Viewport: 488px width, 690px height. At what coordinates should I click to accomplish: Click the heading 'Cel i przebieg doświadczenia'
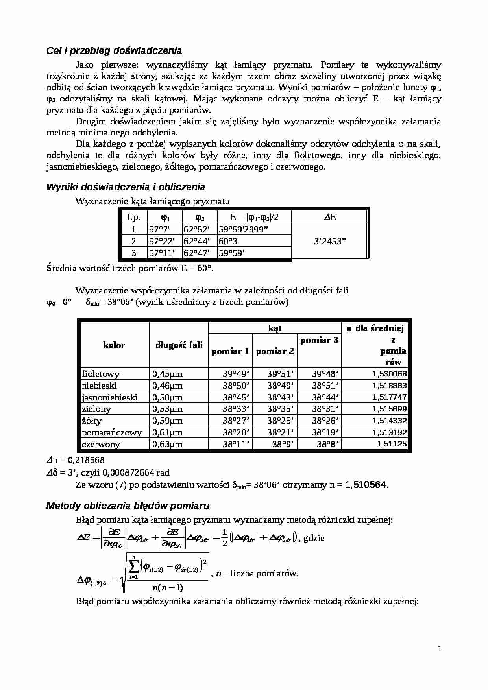pyautogui.click(x=114, y=51)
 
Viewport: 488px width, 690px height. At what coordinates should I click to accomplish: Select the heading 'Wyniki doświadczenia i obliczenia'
pyautogui.click(x=126, y=187)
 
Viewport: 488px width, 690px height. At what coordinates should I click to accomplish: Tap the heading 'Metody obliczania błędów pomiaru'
pyautogui.click(x=128, y=506)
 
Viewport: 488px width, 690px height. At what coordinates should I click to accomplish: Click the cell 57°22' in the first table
pyautogui.click(x=161, y=241)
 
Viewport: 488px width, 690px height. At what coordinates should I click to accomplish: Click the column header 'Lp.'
pyautogui.click(x=133, y=217)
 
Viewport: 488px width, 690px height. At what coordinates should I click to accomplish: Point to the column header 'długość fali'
pyautogui.click(x=179, y=345)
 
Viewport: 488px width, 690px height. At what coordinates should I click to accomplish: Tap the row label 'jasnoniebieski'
pyautogui.click(x=109, y=397)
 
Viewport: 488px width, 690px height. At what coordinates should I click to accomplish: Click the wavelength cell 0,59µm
pyautogui.click(x=167, y=421)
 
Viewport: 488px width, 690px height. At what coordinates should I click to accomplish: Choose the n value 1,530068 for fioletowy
pyautogui.click(x=389, y=374)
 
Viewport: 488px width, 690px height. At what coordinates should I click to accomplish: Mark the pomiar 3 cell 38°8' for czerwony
pyautogui.click(x=329, y=444)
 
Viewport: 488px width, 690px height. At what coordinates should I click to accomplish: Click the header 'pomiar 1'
pyautogui.click(x=230, y=351)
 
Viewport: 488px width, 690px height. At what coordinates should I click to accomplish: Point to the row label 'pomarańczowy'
pyautogui.click(x=112, y=432)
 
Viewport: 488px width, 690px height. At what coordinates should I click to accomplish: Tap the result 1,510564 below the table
pyautogui.click(x=366, y=485)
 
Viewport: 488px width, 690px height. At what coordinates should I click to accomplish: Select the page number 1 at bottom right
pyautogui.click(x=440, y=649)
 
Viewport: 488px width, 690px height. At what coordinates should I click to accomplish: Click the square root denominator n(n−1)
pyautogui.click(x=167, y=588)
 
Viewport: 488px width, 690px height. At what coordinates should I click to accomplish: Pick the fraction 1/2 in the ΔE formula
pyautogui.click(x=224, y=538)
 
